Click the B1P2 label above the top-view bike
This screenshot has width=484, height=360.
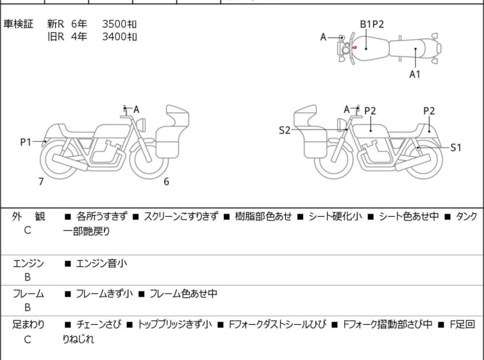click(371, 24)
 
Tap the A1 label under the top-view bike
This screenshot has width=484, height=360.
click(415, 74)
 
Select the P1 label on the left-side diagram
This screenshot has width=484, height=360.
click(26, 142)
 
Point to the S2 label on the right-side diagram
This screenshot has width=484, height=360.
click(285, 130)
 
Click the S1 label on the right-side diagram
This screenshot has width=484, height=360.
click(455, 148)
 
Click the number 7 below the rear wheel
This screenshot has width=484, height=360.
click(41, 182)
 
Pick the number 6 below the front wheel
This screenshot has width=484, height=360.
click(166, 182)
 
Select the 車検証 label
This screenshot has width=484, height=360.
click(19, 24)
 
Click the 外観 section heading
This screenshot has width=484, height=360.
click(28, 216)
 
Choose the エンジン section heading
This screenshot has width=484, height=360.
click(28, 263)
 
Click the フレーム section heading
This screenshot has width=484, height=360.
click(28, 294)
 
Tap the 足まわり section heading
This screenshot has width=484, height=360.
click(28, 325)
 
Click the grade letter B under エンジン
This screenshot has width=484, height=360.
click(28, 278)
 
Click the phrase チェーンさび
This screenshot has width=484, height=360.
click(97, 325)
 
